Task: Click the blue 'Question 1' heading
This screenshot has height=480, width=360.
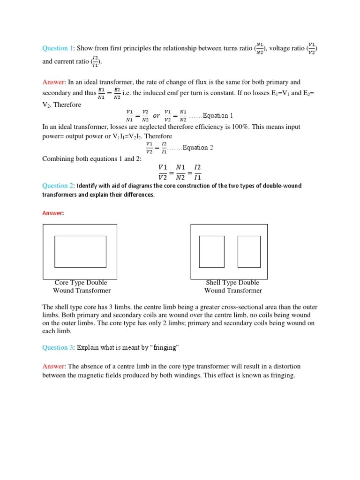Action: pyautogui.click(x=58, y=48)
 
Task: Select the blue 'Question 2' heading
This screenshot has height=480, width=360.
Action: pyautogui.click(x=58, y=186)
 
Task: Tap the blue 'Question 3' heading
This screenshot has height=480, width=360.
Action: pyautogui.click(x=58, y=348)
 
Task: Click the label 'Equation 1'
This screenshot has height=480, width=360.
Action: pyautogui.click(x=217, y=116)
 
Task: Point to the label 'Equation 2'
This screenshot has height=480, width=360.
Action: pyautogui.click(x=198, y=148)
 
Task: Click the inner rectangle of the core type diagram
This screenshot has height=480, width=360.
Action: pyautogui.click(x=80, y=252)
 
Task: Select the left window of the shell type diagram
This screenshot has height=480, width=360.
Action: pyautogui.click(x=211, y=252)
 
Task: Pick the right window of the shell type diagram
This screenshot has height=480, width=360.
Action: pyautogui.click(x=248, y=252)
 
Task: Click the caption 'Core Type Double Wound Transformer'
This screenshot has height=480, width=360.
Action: pyautogui.click(x=81, y=286)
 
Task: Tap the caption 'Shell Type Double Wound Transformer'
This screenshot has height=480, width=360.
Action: pyautogui.click(x=232, y=286)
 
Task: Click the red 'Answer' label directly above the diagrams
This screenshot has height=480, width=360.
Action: pyautogui.click(x=52, y=213)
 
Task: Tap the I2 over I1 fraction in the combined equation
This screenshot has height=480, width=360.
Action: pyautogui.click(x=197, y=172)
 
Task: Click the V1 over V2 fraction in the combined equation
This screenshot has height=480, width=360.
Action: pyautogui.click(x=162, y=172)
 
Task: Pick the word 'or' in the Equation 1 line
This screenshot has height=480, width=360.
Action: pyautogui.click(x=157, y=116)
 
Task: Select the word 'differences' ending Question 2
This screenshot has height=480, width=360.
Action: pyautogui.click(x=139, y=195)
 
